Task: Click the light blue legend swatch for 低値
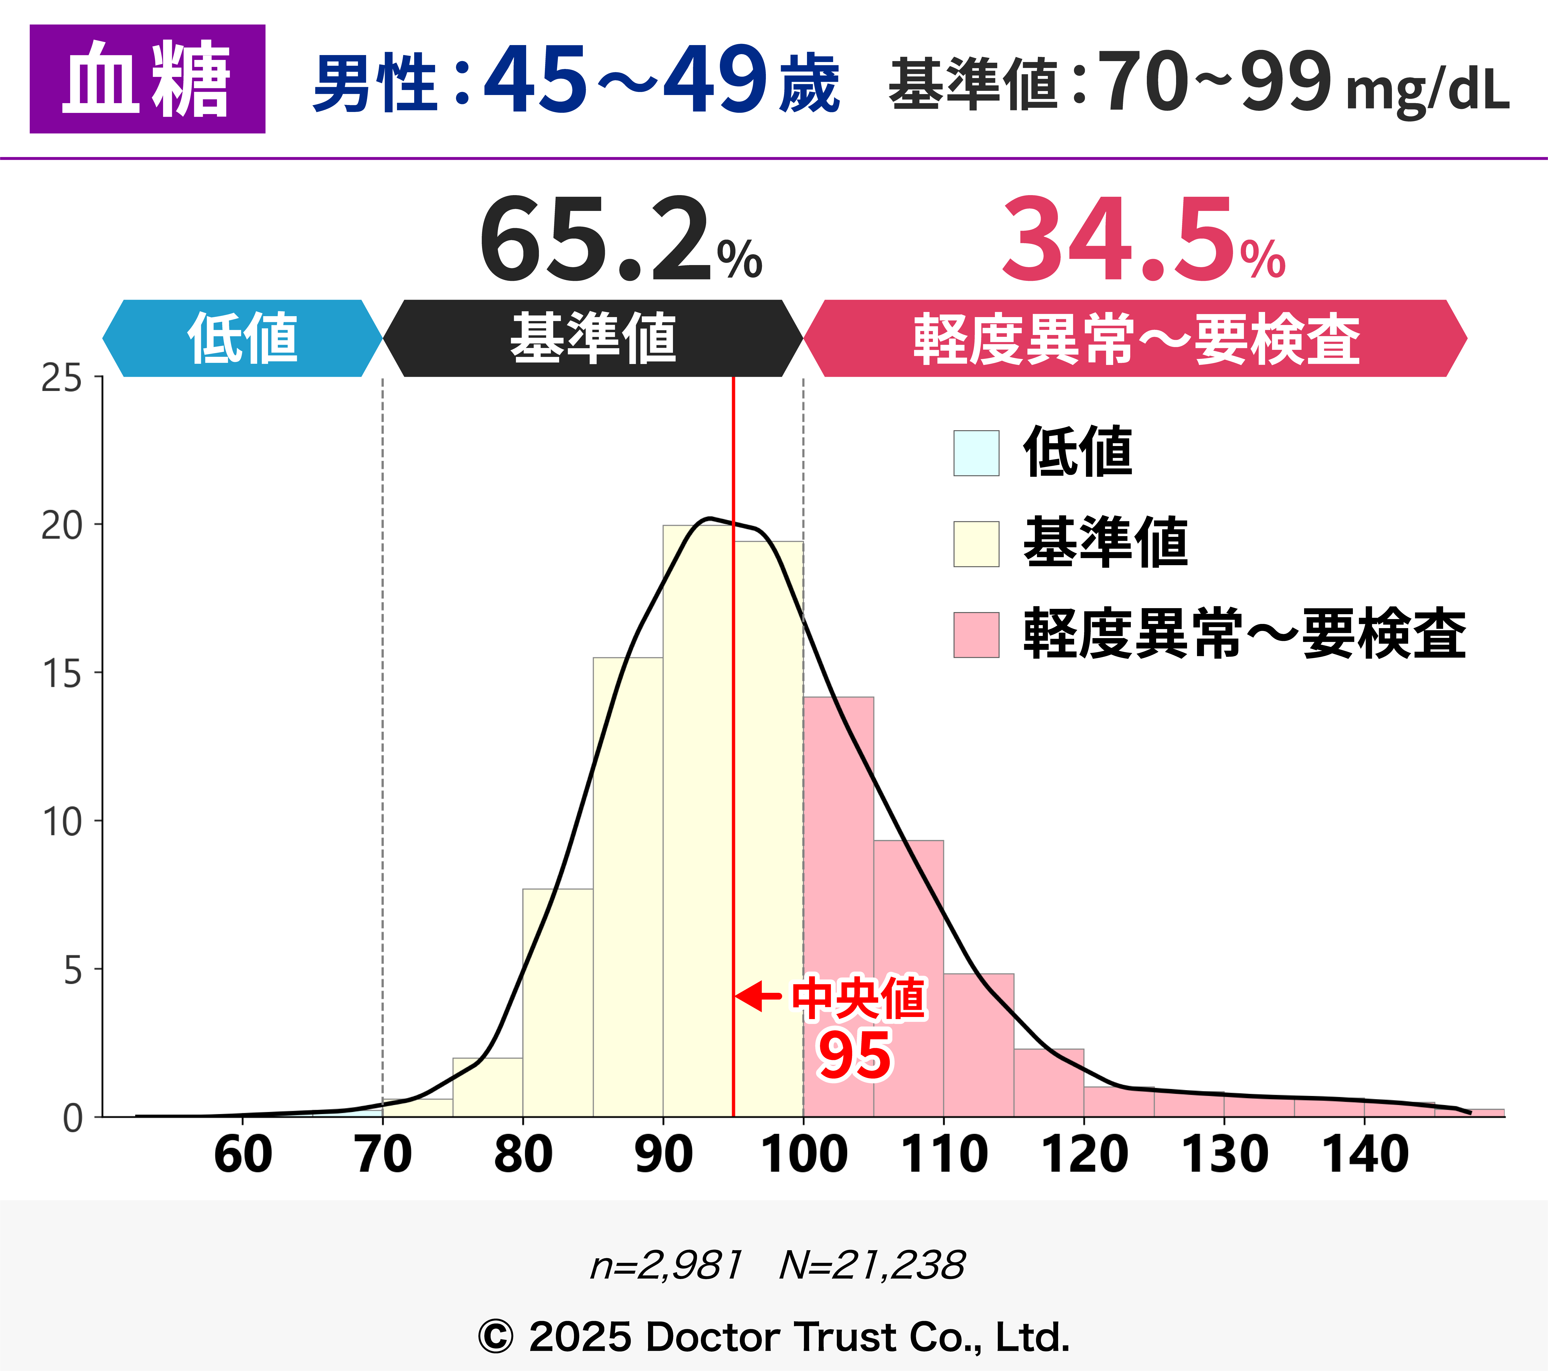976,453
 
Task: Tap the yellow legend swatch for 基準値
976,544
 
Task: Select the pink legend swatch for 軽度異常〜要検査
976,635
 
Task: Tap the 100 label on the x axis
804,1155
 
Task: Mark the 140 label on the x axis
1365,1155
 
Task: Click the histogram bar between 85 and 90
628,886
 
